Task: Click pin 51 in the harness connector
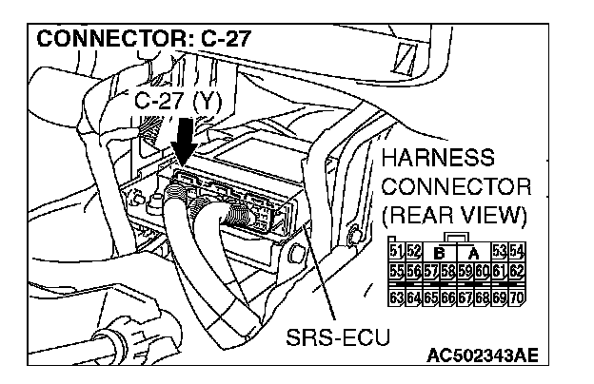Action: (397, 251)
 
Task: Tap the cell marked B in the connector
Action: (440, 252)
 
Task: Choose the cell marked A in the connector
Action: (472, 252)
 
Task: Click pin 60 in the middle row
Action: (485, 270)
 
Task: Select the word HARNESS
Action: (437, 158)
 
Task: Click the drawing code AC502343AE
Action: (483, 356)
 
